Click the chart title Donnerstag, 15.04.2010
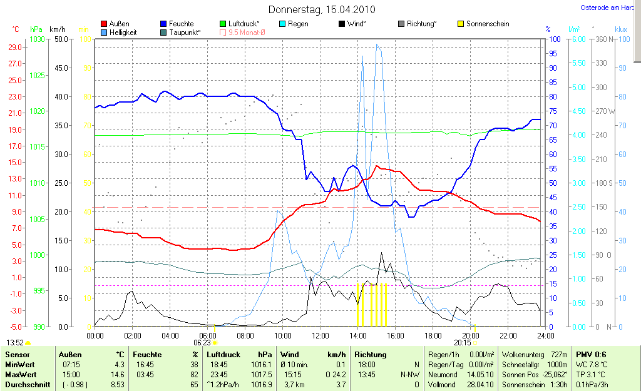coord(321,9)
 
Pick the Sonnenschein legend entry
coord(488,24)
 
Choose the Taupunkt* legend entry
coord(184,32)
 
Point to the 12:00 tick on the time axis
coord(320,335)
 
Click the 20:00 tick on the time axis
coord(471,335)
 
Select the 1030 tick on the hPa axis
coord(37,39)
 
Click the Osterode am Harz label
coord(603,8)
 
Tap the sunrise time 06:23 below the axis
coord(202,343)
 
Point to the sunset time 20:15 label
coord(463,343)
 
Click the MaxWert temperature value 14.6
coord(118,374)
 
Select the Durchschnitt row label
coord(28,385)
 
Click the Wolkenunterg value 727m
coord(559,355)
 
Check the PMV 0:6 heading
coord(590,355)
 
